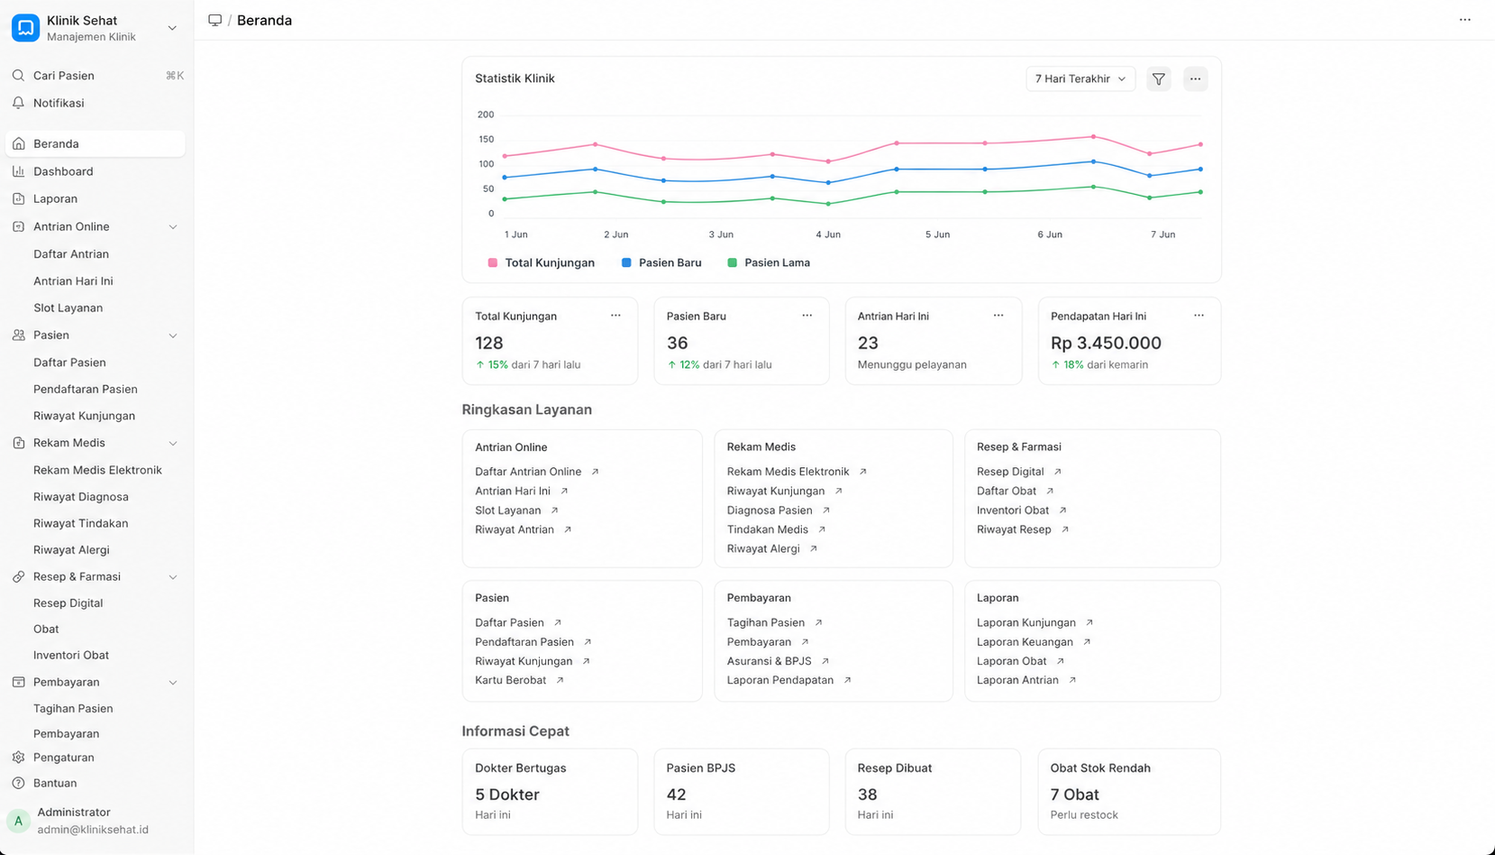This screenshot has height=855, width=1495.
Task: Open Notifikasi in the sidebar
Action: point(59,103)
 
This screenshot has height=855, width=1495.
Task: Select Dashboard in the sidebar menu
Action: point(63,171)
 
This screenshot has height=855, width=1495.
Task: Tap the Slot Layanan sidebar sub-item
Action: point(68,308)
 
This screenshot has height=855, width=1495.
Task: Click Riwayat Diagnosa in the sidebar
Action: point(81,496)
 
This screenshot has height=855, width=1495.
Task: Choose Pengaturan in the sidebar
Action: point(63,757)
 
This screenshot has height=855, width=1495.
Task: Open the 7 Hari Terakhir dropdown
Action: point(1080,78)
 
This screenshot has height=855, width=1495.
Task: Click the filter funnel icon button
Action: point(1159,78)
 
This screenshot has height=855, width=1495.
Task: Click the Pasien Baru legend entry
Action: point(661,262)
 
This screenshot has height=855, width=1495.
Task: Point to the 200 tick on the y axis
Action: point(486,115)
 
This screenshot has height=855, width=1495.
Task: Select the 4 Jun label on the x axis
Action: point(828,234)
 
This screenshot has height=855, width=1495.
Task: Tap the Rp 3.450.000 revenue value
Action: point(1106,343)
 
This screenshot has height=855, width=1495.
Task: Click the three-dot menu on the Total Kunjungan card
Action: point(615,316)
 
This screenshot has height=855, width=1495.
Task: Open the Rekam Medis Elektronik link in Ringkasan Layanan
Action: point(788,472)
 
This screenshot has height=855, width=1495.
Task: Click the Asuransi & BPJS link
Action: point(769,661)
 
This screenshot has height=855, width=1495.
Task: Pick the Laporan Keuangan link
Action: point(1025,642)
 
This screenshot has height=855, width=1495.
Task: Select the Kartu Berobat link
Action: point(511,680)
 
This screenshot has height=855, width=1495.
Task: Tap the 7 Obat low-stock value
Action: point(1074,795)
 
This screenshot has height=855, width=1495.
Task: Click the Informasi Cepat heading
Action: point(515,731)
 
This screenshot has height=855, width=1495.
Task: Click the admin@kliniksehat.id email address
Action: point(93,830)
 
